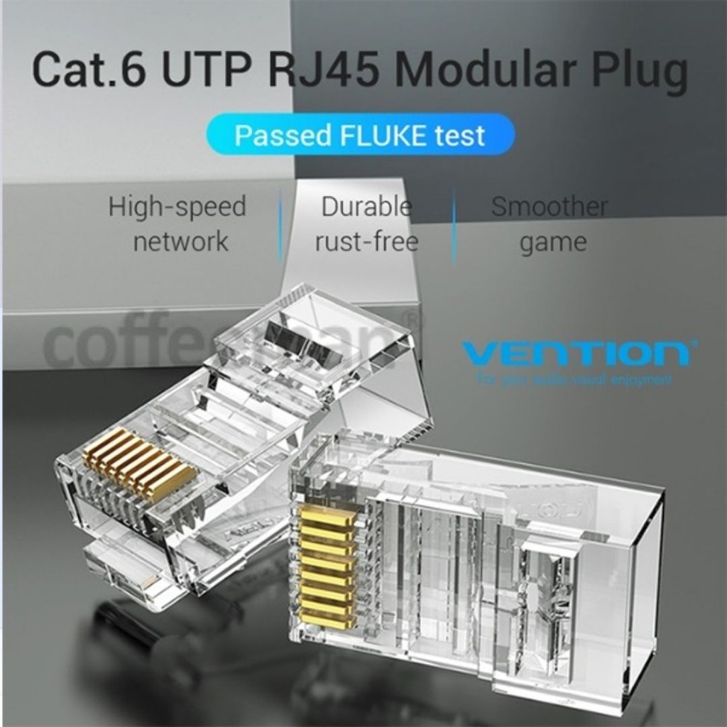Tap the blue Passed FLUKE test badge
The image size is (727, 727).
(360, 134)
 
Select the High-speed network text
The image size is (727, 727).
(177, 224)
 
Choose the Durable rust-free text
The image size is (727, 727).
(366, 224)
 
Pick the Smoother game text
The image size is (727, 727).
(550, 224)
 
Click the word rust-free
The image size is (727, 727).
(366, 241)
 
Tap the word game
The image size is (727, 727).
(553, 243)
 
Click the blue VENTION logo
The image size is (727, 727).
(575, 353)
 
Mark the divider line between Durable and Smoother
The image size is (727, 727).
(454, 224)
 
